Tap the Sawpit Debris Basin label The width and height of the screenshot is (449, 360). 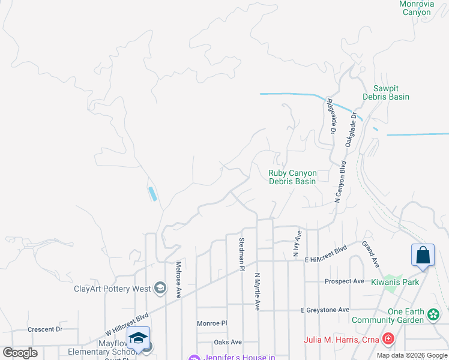(x=386, y=92)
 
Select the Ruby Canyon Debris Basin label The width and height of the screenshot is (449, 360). (x=292, y=177)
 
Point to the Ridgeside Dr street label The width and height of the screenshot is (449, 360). (x=331, y=116)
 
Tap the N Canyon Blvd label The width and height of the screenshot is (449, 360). (x=340, y=182)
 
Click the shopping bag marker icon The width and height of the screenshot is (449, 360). (x=423, y=255)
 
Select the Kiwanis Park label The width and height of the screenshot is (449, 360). (x=395, y=282)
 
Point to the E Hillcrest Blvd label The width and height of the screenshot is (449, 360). (x=325, y=252)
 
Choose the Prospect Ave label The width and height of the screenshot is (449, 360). (x=345, y=281)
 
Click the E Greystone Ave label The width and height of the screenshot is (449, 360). (x=325, y=310)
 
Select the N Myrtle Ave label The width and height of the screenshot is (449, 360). (x=258, y=292)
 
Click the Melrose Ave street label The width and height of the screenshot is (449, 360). (x=178, y=280)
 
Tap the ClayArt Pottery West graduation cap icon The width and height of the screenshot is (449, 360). (x=160, y=289)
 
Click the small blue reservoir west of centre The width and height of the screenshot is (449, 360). (x=152, y=194)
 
